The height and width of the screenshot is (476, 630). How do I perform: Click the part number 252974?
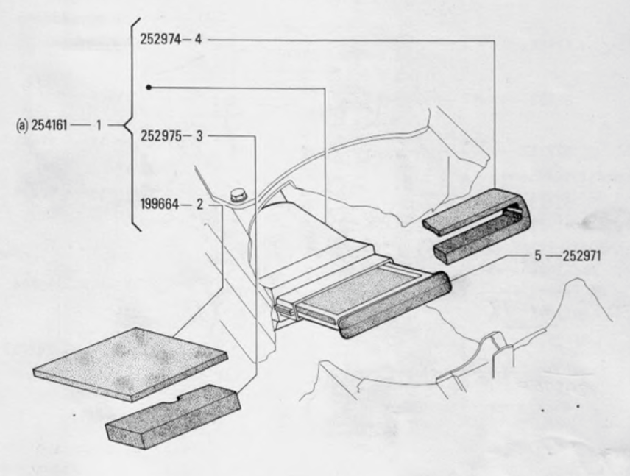[160, 40]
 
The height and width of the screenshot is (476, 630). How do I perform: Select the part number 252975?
[160, 136]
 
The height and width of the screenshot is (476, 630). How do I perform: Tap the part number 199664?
[160, 205]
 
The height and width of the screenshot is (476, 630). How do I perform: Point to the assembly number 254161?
[49, 125]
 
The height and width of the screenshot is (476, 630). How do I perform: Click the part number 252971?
[581, 256]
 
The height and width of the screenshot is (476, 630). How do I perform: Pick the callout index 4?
[198, 40]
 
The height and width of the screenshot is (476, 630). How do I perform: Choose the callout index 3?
[199, 136]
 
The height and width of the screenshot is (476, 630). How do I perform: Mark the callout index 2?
[199, 205]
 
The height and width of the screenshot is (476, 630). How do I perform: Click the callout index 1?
[99, 125]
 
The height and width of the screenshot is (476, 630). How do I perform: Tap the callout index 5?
[538, 256]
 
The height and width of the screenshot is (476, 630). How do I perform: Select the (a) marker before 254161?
[22, 125]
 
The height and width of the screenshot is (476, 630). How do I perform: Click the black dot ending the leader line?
[149, 87]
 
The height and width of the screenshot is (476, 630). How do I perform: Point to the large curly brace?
[132, 124]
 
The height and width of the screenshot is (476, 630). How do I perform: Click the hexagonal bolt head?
[238, 194]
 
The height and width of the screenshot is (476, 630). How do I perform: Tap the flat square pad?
[130, 363]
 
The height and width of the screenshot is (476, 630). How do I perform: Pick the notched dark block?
[173, 416]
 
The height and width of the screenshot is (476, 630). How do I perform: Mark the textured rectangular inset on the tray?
[358, 289]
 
